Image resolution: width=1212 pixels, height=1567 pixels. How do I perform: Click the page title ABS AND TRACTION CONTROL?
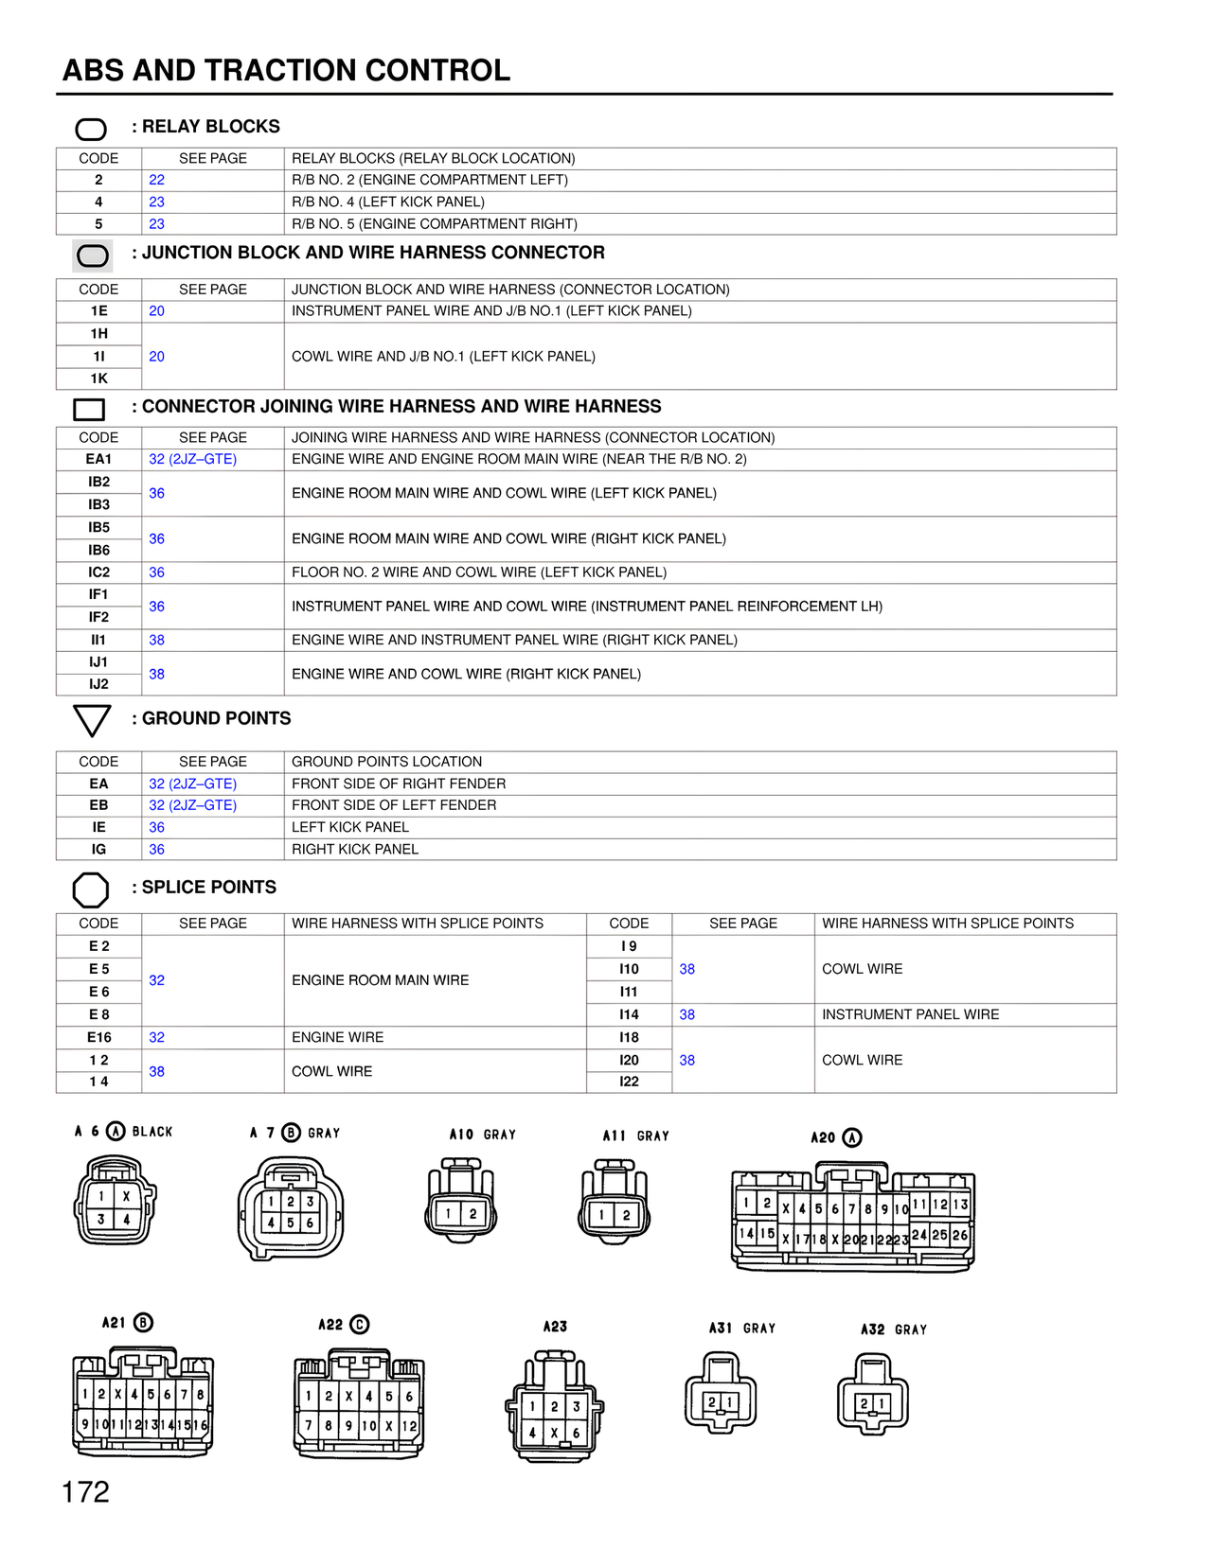click(286, 70)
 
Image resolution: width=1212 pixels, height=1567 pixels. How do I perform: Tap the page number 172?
click(85, 1492)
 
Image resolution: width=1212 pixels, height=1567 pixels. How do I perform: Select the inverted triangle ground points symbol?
click(92, 720)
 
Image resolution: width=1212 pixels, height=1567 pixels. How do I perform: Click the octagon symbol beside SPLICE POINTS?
click(91, 889)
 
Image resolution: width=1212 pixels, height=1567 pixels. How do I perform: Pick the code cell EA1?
click(98, 459)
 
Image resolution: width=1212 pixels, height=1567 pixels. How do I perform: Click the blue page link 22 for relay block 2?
click(156, 180)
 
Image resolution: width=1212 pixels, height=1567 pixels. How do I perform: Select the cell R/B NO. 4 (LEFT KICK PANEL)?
click(388, 202)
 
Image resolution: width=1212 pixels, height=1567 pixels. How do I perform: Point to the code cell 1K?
click(98, 379)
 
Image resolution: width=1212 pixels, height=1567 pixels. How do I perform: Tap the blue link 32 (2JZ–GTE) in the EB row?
click(192, 805)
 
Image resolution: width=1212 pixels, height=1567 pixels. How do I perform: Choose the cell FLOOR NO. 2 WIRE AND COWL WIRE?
click(479, 572)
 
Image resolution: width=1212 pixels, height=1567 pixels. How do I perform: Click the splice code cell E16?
click(98, 1037)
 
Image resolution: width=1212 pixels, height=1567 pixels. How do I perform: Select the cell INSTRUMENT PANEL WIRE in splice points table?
click(910, 1014)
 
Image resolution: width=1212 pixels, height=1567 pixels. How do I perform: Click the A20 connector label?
click(824, 1137)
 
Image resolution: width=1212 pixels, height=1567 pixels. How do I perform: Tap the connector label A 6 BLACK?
click(123, 1132)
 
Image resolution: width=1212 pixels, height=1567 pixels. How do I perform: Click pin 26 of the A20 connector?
click(960, 1235)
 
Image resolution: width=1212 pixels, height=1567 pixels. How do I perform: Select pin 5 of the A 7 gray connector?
click(291, 1223)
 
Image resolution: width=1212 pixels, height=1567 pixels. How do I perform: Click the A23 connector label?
click(555, 1327)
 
